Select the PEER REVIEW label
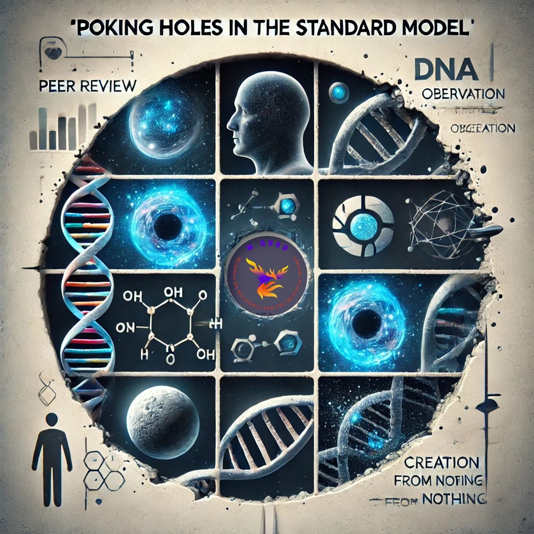(87, 86)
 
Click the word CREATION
(441, 463)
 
